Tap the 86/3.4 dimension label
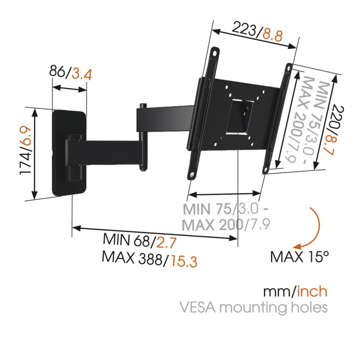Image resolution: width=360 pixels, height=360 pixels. [x=71, y=73]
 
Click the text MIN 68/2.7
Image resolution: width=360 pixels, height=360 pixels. [x=140, y=240]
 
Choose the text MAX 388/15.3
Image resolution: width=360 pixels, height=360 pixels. [x=149, y=259]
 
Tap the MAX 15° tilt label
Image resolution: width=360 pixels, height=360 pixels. [x=300, y=257]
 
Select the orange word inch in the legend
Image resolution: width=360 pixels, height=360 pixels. [x=312, y=291]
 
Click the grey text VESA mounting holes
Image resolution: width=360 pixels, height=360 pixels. [x=254, y=307]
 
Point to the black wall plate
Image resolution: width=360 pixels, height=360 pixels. [x=69, y=154]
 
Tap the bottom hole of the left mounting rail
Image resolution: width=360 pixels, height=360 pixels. [x=192, y=175]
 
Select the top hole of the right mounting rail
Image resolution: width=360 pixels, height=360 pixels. [x=289, y=68]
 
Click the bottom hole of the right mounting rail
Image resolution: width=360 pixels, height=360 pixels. [x=266, y=170]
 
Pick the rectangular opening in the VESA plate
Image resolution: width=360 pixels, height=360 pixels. [x=239, y=117]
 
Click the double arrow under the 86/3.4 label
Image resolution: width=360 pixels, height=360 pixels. [x=69, y=88]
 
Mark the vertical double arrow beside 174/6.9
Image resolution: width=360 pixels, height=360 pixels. [x=34, y=154]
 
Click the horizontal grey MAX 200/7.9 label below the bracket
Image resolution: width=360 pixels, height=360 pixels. [x=226, y=225]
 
